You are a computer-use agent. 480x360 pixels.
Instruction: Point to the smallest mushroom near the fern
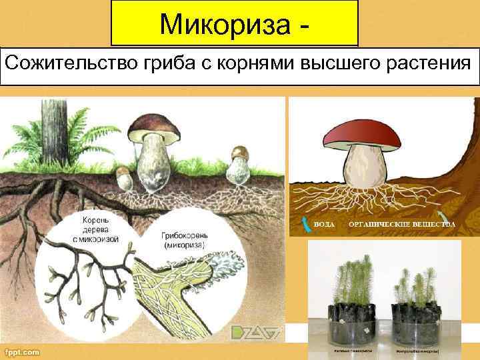tap(124, 178)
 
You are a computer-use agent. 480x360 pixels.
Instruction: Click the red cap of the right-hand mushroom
tap(364, 133)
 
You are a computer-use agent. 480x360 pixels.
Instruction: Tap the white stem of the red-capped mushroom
tap(365, 167)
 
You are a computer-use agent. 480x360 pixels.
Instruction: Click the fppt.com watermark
tap(21, 352)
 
